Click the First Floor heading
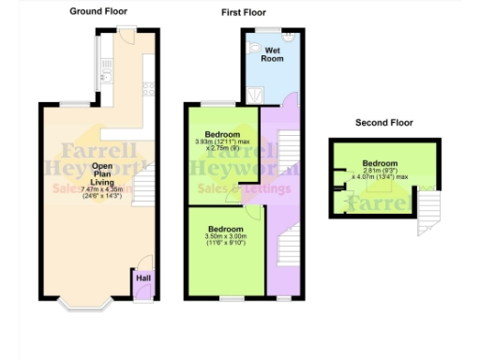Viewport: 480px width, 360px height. point(243,13)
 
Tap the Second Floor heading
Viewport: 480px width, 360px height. point(384,123)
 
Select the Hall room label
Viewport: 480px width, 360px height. point(142,278)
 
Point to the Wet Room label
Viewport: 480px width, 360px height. point(273,53)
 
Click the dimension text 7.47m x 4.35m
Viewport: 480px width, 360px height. point(102,190)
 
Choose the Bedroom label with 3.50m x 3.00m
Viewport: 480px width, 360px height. point(226,230)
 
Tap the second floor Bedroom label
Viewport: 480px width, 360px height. point(380,164)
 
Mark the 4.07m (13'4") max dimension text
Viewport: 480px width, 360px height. point(380,176)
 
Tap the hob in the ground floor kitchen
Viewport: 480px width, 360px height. point(148,90)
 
